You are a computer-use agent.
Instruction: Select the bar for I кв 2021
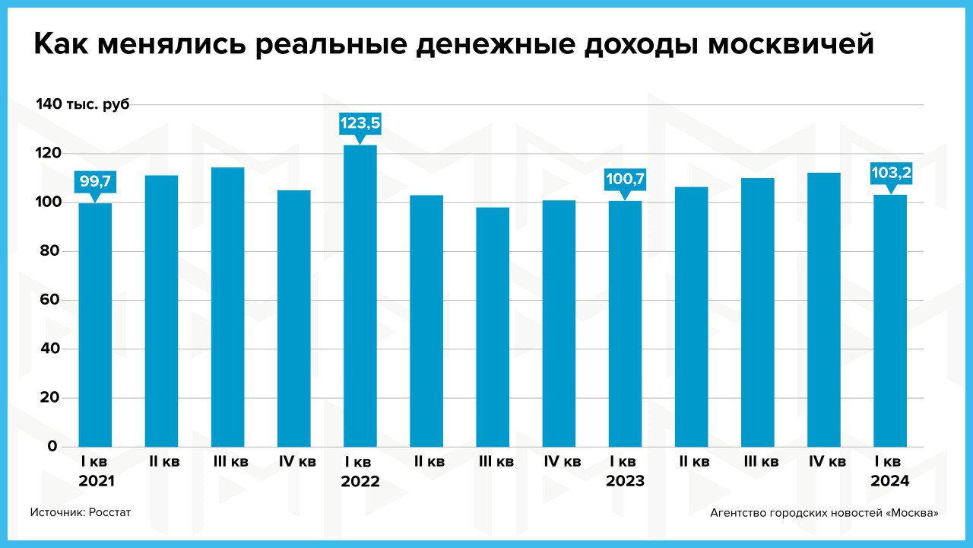coord(95,324)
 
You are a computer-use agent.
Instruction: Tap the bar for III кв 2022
coord(493,327)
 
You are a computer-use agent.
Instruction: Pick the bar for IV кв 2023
coord(824,309)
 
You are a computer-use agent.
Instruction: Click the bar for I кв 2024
coord(890,320)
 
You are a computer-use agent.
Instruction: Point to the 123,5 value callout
coord(360,123)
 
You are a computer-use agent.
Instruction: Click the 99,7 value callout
coord(95,181)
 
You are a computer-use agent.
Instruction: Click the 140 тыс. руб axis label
coord(83,104)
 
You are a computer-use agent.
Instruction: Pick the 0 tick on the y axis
coord(52,446)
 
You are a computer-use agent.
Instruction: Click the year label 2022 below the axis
coord(360,482)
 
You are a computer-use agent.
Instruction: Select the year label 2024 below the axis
coord(890,481)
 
